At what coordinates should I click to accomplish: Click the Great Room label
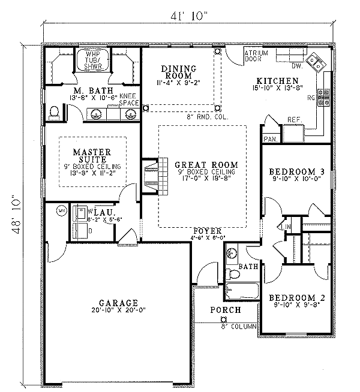[206, 164]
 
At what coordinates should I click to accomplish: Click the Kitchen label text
[277, 81]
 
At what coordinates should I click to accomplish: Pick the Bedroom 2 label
[292, 298]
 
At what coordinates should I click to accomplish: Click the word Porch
[225, 310]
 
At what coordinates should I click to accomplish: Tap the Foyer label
[207, 230]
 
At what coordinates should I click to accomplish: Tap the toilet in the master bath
[56, 111]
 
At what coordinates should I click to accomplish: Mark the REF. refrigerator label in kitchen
[293, 119]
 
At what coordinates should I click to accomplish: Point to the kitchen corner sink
[314, 61]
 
